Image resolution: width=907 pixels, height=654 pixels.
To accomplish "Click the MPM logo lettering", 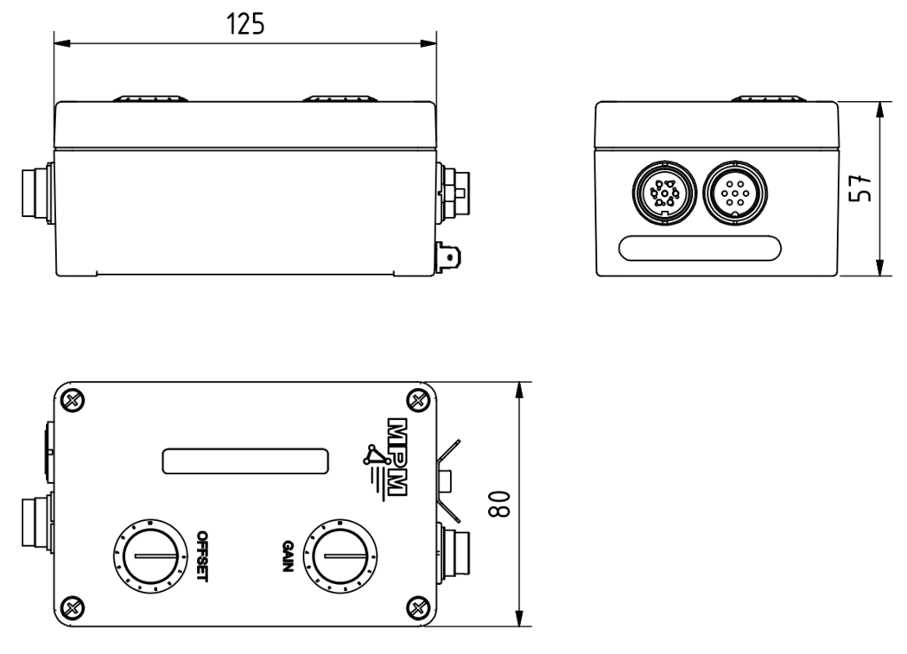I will coord(397,458).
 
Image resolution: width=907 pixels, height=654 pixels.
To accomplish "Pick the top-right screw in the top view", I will coord(419,399).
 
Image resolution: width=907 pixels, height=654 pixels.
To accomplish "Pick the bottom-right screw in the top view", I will coord(419,604).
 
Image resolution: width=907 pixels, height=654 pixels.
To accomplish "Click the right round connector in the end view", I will coord(733,194).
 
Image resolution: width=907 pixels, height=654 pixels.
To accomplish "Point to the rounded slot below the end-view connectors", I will coord(701,248).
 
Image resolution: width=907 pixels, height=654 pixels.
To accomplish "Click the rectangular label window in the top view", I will coord(245,460).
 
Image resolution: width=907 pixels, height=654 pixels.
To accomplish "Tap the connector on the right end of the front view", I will coord(453,187).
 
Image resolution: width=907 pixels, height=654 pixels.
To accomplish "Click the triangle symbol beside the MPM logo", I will coord(374,455).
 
